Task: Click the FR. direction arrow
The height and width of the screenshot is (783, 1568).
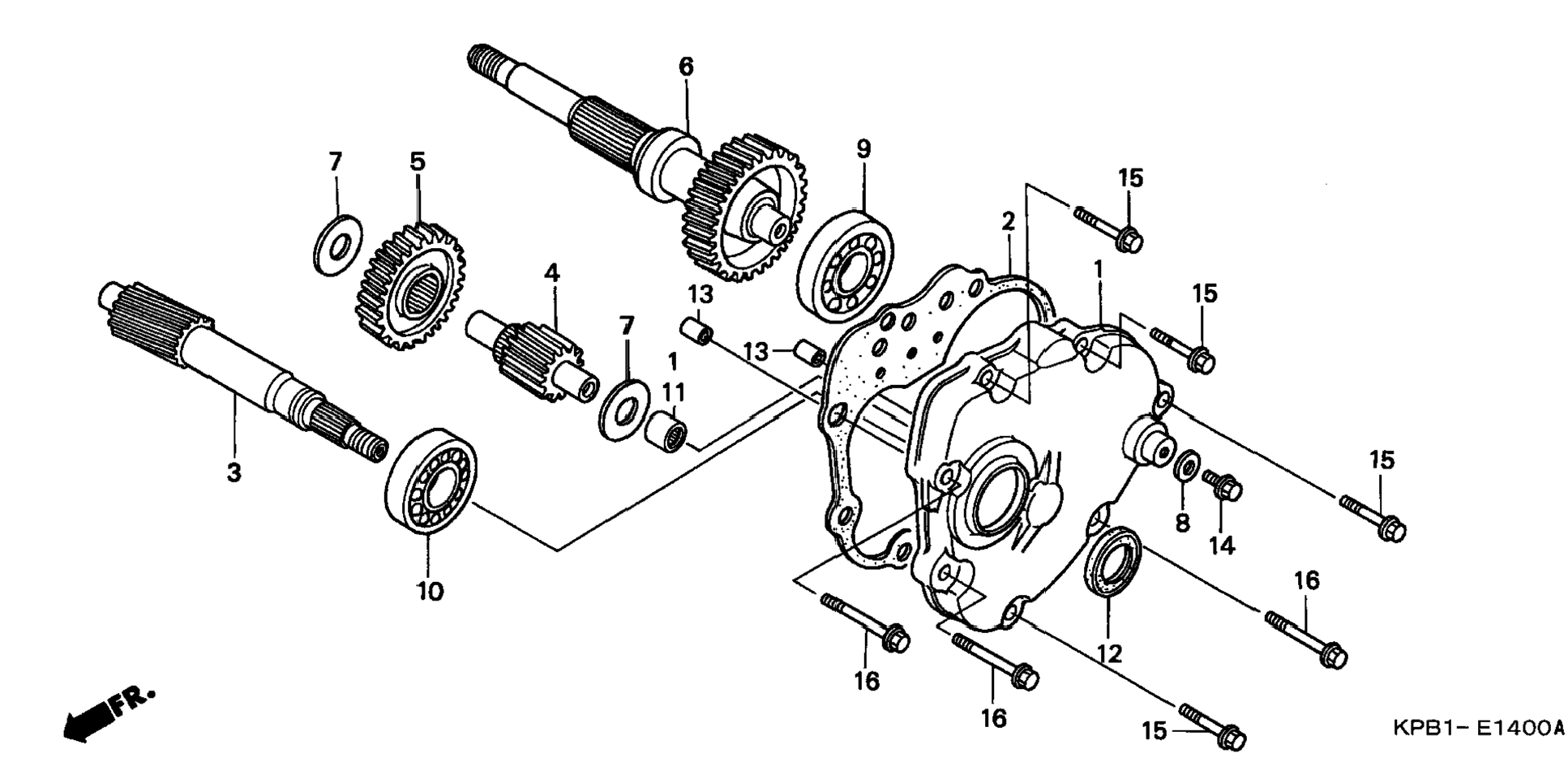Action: pyautogui.click(x=105, y=714)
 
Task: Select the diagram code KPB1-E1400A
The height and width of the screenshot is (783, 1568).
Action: pyautogui.click(x=1476, y=727)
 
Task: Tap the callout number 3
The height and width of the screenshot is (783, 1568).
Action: pyautogui.click(x=233, y=472)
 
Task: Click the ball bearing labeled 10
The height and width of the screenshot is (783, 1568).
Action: pyautogui.click(x=430, y=480)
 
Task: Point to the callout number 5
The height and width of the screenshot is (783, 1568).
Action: pyautogui.click(x=417, y=160)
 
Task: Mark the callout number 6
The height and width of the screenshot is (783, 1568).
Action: pyautogui.click(x=686, y=66)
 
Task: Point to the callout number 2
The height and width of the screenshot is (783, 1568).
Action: pyautogui.click(x=1008, y=220)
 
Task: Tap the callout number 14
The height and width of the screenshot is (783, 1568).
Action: pyautogui.click(x=1222, y=546)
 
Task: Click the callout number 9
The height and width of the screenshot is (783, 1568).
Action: pyautogui.click(x=863, y=148)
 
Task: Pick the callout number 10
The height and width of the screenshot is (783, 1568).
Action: pyautogui.click(x=431, y=591)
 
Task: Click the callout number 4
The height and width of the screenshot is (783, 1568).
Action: pyautogui.click(x=551, y=272)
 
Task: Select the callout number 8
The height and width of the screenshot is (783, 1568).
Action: pyautogui.click(x=1183, y=523)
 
